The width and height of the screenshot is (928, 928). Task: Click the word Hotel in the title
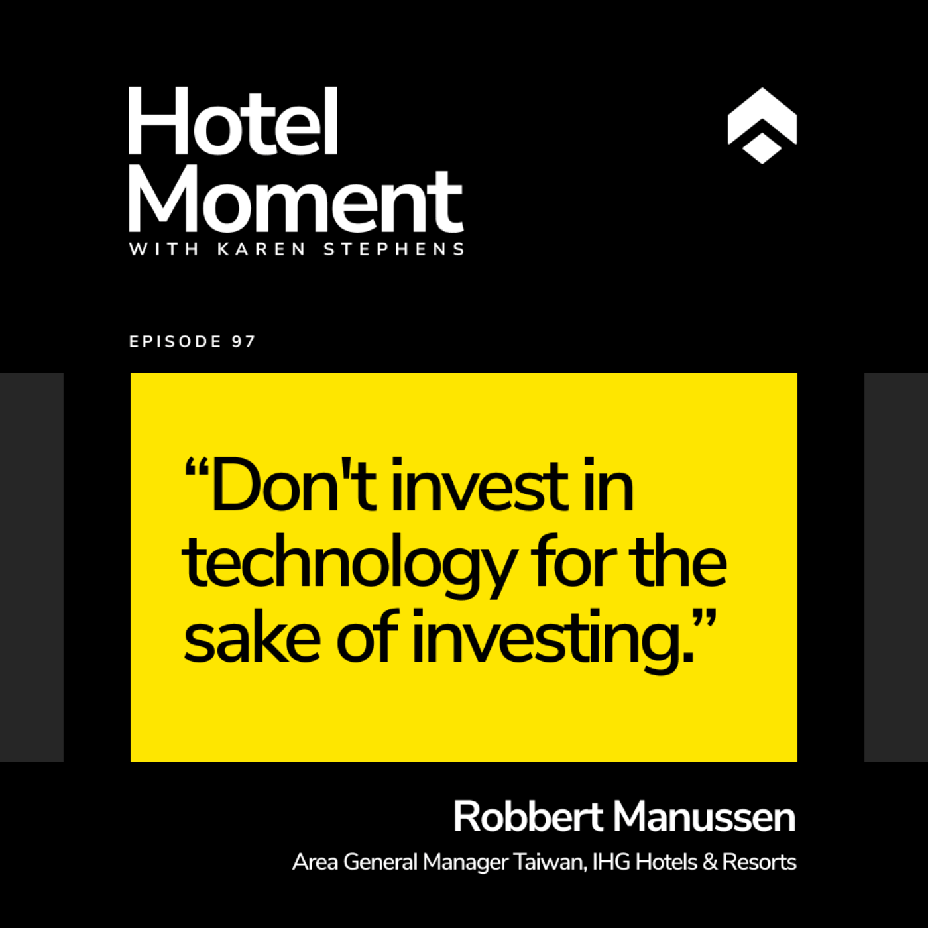point(233,121)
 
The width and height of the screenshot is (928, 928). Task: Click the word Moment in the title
point(296,200)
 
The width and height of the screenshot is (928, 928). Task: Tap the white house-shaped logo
point(762,126)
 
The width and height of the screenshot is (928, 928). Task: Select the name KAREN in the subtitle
point(261,249)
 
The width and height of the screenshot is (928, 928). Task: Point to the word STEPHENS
point(394,249)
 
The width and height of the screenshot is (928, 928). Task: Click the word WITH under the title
point(164,249)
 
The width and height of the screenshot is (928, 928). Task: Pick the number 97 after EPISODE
point(243,341)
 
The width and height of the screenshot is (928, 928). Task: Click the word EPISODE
point(175,341)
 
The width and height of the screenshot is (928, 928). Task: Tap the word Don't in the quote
point(293,485)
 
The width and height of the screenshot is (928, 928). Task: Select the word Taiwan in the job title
point(550,862)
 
